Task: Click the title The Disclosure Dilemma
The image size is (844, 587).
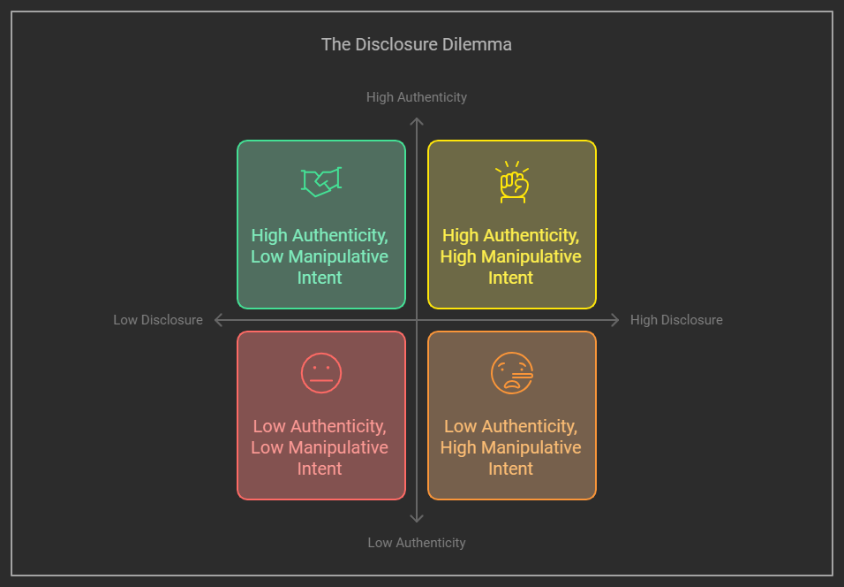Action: click(416, 44)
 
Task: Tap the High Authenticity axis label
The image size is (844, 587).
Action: click(417, 97)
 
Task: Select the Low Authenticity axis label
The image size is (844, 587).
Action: click(417, 543)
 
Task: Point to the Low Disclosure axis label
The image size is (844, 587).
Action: click(158, 320)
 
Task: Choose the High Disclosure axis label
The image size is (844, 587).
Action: click(676, 320)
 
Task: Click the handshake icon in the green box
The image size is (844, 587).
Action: click(321, 181)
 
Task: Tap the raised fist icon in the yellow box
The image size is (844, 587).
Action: click(512, 182)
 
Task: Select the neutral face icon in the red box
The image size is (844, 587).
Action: click(320, 373)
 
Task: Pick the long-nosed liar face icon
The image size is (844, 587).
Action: click(512, 373)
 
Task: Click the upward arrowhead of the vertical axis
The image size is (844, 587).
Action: click(417, 121)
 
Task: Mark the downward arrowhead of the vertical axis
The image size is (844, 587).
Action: click(417, 518)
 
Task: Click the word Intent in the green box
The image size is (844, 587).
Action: click(320, 278)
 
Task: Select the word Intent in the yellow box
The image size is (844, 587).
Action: click(511, 278)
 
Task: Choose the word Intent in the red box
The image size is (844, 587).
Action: click(320, 469)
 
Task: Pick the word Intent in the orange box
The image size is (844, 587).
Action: click(511, 469)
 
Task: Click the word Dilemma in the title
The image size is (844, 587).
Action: click(478, 44)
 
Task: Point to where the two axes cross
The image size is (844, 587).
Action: click(417, 320)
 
